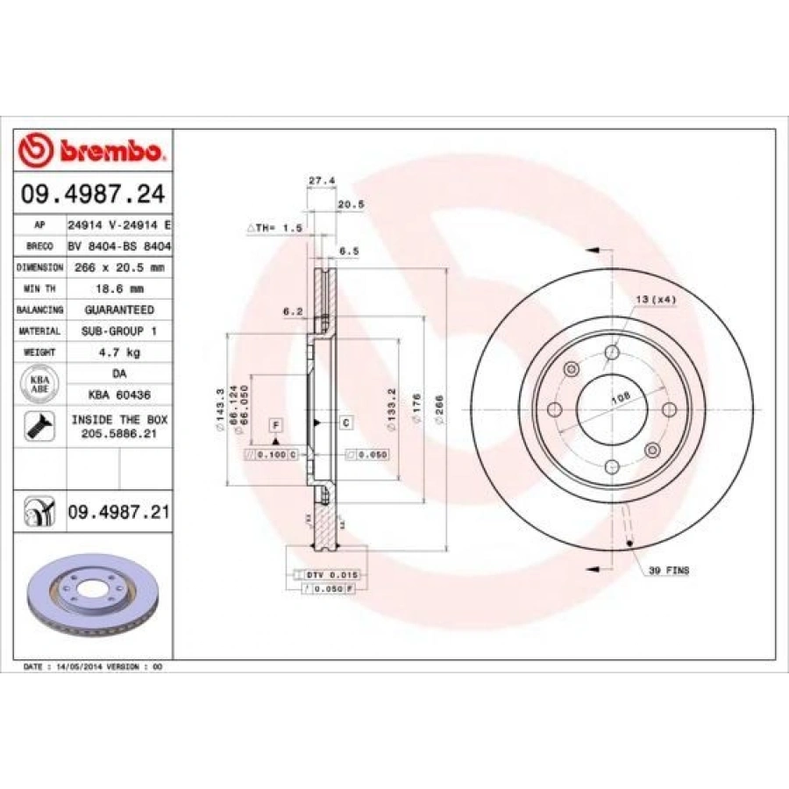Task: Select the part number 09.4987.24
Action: point(94,193)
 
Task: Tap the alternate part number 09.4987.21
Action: point(117,511)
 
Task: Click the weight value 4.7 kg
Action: point(119,352)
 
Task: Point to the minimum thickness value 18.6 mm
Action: point(119,288)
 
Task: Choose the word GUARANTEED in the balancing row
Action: point(119,309)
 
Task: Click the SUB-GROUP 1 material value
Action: point(119,331)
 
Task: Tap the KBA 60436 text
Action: point(119,394)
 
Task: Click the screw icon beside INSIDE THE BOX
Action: point(41,426)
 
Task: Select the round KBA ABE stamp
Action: point(40,384)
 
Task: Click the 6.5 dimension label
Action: point(348,251)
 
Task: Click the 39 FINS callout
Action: point(668,571)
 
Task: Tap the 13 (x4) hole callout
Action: point(655,300)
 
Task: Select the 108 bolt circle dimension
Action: point(621,397)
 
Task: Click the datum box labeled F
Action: point(275,425)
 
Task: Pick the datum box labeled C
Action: point(346,423)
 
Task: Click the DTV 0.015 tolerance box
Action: point(332,573)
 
